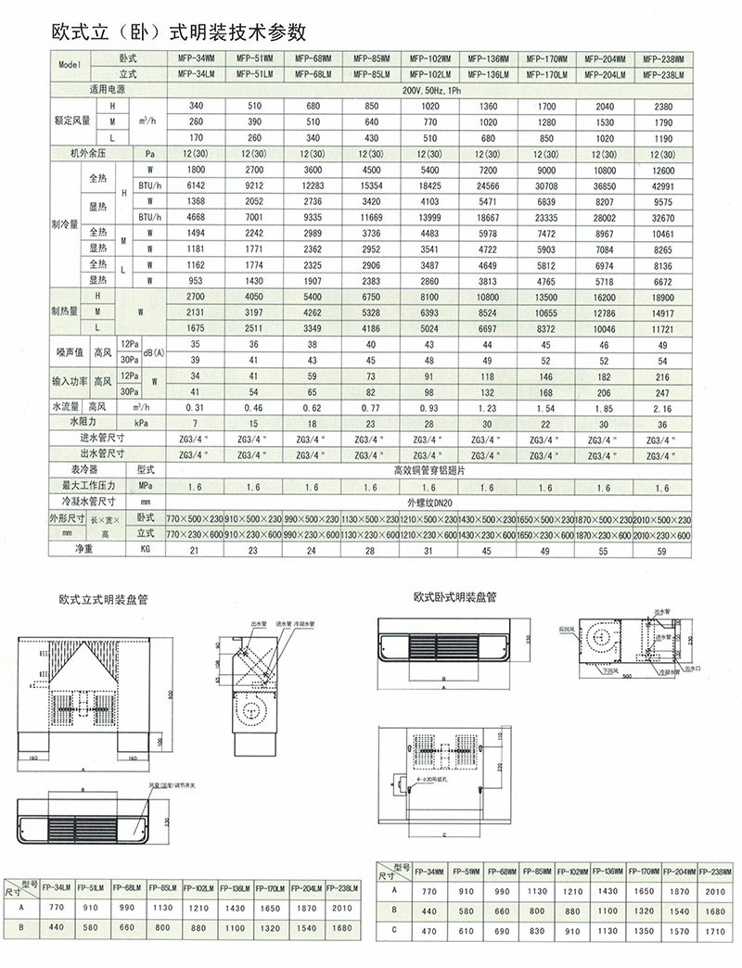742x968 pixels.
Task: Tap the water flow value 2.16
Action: coord(661,407)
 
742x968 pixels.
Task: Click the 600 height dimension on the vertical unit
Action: coord(170,695)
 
